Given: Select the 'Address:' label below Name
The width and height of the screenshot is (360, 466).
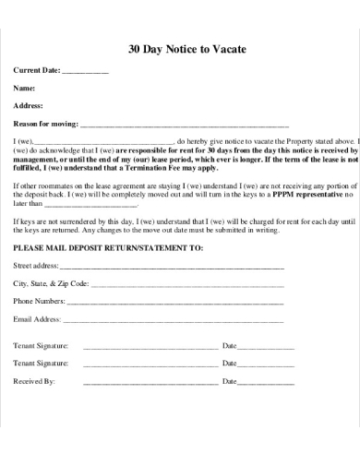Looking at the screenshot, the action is (29, 105).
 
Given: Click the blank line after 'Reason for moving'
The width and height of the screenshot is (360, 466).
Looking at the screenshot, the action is (185, 124).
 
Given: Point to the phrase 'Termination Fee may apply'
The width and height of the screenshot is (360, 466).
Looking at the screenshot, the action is (167, 169).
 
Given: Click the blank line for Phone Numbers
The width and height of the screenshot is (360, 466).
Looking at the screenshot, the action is (175, 302).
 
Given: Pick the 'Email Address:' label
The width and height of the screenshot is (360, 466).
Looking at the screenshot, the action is (38, 319).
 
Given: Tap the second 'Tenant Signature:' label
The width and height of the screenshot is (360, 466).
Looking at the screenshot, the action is (41, 363).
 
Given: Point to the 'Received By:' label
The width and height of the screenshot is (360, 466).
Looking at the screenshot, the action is (34, 380).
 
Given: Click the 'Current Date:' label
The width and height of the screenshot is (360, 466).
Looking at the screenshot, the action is (36, 71).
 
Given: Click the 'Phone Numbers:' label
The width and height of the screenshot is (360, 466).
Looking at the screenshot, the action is (39, 302).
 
